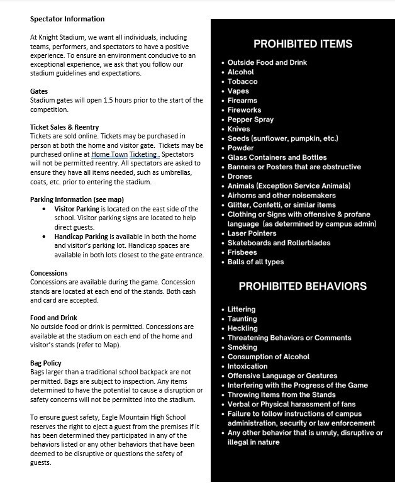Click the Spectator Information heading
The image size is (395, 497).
coord(67,19)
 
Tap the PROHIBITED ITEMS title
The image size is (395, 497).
coord(303,44)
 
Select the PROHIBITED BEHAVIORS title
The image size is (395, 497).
coord(303,286)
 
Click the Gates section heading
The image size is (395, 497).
coord(39,91)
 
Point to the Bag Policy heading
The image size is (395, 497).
coord(46,363)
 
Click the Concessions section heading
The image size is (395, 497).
coord(49,273)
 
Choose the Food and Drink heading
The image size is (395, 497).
coord(53,318)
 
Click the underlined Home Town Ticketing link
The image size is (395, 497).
coord(125,154)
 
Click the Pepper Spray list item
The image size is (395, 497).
coord(250,120)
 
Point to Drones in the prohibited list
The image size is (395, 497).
coord(240,177)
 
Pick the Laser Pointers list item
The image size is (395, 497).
coord(252,233)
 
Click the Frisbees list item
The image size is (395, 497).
coord(243,252)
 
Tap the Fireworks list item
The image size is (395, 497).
coord(244,110)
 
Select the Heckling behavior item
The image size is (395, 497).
coord(242,328)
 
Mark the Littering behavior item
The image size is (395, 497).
coord(242,310)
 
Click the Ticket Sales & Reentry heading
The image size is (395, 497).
coord(64,127)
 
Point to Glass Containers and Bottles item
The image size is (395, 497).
coord(277,157)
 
